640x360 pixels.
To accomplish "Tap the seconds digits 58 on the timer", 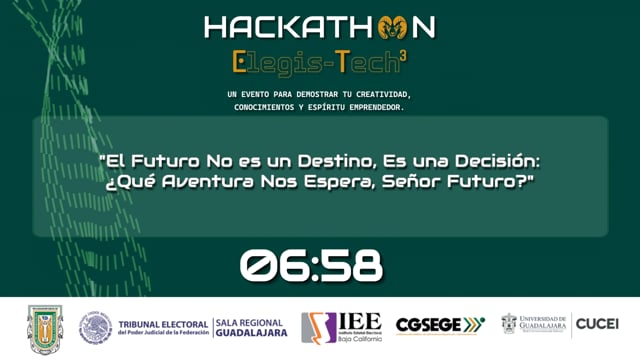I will (352, 266).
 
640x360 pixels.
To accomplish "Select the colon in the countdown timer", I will (311, 266).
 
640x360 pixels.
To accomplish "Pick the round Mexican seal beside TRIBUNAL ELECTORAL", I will (95, 327).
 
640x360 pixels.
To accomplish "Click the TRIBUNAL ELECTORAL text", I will (162, 324).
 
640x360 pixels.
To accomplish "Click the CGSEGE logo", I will (440, 325).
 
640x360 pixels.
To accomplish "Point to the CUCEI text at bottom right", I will (597, 324).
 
